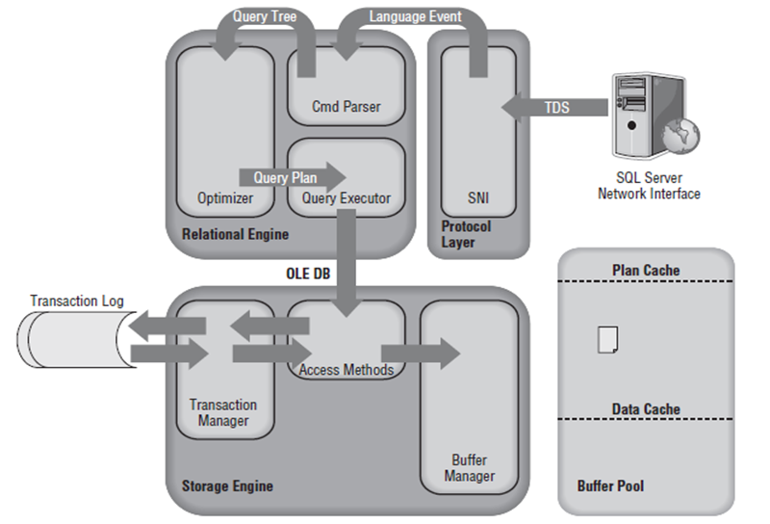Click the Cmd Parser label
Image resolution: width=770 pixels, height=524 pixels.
pyautogui.click(x=346, y=106)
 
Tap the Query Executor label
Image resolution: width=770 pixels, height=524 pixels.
pyautogui.click(x=346, y=198)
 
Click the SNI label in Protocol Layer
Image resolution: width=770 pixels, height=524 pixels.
pyautogui.click(x=478, y=198)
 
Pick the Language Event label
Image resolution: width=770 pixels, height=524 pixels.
pyautogui.click(x=415, y=16)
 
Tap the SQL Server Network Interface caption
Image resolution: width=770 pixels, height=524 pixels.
pyautogui.click(x=649, y=186)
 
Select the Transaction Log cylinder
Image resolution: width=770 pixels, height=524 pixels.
pyautogui.click(x=72, y=342)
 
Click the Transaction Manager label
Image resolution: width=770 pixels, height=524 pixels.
pyautogui.click(x=223, y=413)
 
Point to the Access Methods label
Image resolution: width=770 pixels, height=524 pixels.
pyautogui.click(x=346, y=370)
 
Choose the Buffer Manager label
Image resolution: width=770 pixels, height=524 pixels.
pyautogui.click(x=470, y=468)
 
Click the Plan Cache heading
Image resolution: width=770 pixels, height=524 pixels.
pyautogui.click(x=646, y=271)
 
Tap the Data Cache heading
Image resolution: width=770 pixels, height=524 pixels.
pyautogui.click(x=646, y=409)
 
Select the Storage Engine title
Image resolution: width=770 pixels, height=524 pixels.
pyautogui.click(x=227, y=485)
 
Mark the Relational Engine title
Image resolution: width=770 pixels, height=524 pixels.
pyautogui.click(x=235, y=234)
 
